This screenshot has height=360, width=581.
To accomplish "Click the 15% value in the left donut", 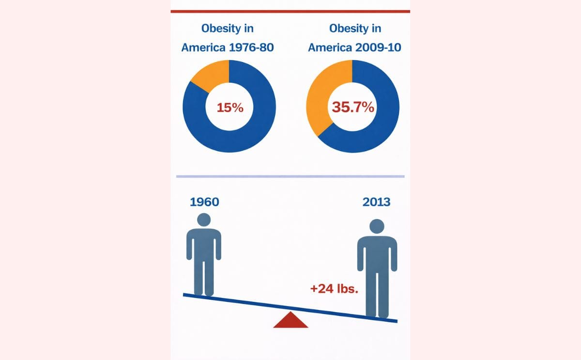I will pos(229,107).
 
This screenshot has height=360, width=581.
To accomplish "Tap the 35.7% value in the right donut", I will pos(352,107).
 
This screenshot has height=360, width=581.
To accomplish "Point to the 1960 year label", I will pos(204,202).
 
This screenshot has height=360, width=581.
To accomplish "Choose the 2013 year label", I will pos(376,202).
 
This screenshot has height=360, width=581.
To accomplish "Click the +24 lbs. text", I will pos(334,289).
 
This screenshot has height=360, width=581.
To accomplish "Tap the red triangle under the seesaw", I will pos(290,321).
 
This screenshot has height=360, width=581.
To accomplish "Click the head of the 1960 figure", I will pos(204,219).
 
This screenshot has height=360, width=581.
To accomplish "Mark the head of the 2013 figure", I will pos(377,226).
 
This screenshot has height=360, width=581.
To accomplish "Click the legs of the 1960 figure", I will pos(204,276).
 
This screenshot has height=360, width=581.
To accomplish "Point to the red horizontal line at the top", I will pos(290,11).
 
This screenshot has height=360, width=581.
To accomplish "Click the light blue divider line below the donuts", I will pos(290,176).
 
